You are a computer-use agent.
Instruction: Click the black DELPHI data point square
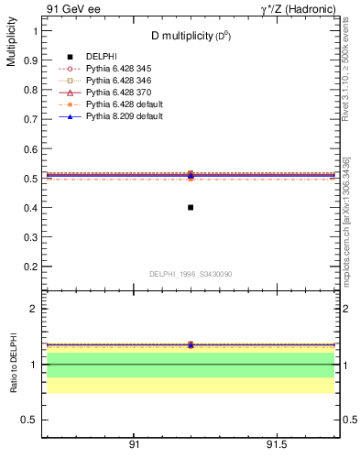coord(191,207)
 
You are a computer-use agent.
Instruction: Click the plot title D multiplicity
coord(191,36)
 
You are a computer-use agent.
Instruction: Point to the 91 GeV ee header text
coord(69,8)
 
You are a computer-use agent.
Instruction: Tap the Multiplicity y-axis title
coord(11,45)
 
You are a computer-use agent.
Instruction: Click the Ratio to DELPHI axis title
coord(14,365)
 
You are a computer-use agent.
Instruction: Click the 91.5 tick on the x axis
coord(276,444)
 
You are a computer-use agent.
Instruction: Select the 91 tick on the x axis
coord(134,444)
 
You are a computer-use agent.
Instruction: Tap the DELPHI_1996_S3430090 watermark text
coord(190,275)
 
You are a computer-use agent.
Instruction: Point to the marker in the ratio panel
coord(191,344)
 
